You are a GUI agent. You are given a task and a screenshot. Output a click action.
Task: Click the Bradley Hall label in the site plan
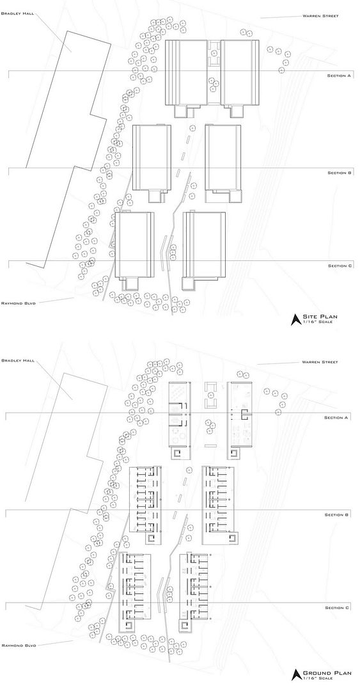click(x=15, y=13)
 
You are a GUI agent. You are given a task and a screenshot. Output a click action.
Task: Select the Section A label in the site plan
click(x=339, y=75)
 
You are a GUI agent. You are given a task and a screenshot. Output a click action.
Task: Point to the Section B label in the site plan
click(x=339, y=173)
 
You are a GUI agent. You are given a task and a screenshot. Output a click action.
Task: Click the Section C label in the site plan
click(x=340, y=266)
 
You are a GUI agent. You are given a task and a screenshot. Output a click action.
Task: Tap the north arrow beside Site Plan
click(x=295, y=319)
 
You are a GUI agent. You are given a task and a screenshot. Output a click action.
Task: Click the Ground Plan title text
click(x=327, y=673)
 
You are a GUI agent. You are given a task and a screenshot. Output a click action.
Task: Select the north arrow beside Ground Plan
click(x=295, y=676)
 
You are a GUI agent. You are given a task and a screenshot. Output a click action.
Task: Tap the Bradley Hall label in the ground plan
click(x=15, y=360)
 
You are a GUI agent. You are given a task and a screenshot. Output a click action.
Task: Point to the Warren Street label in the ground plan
click(x=320, y=362)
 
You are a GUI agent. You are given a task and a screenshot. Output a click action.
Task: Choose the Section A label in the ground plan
click(x=336, y=417)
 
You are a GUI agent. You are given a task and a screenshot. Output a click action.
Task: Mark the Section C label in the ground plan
click(x=337, y=608)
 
